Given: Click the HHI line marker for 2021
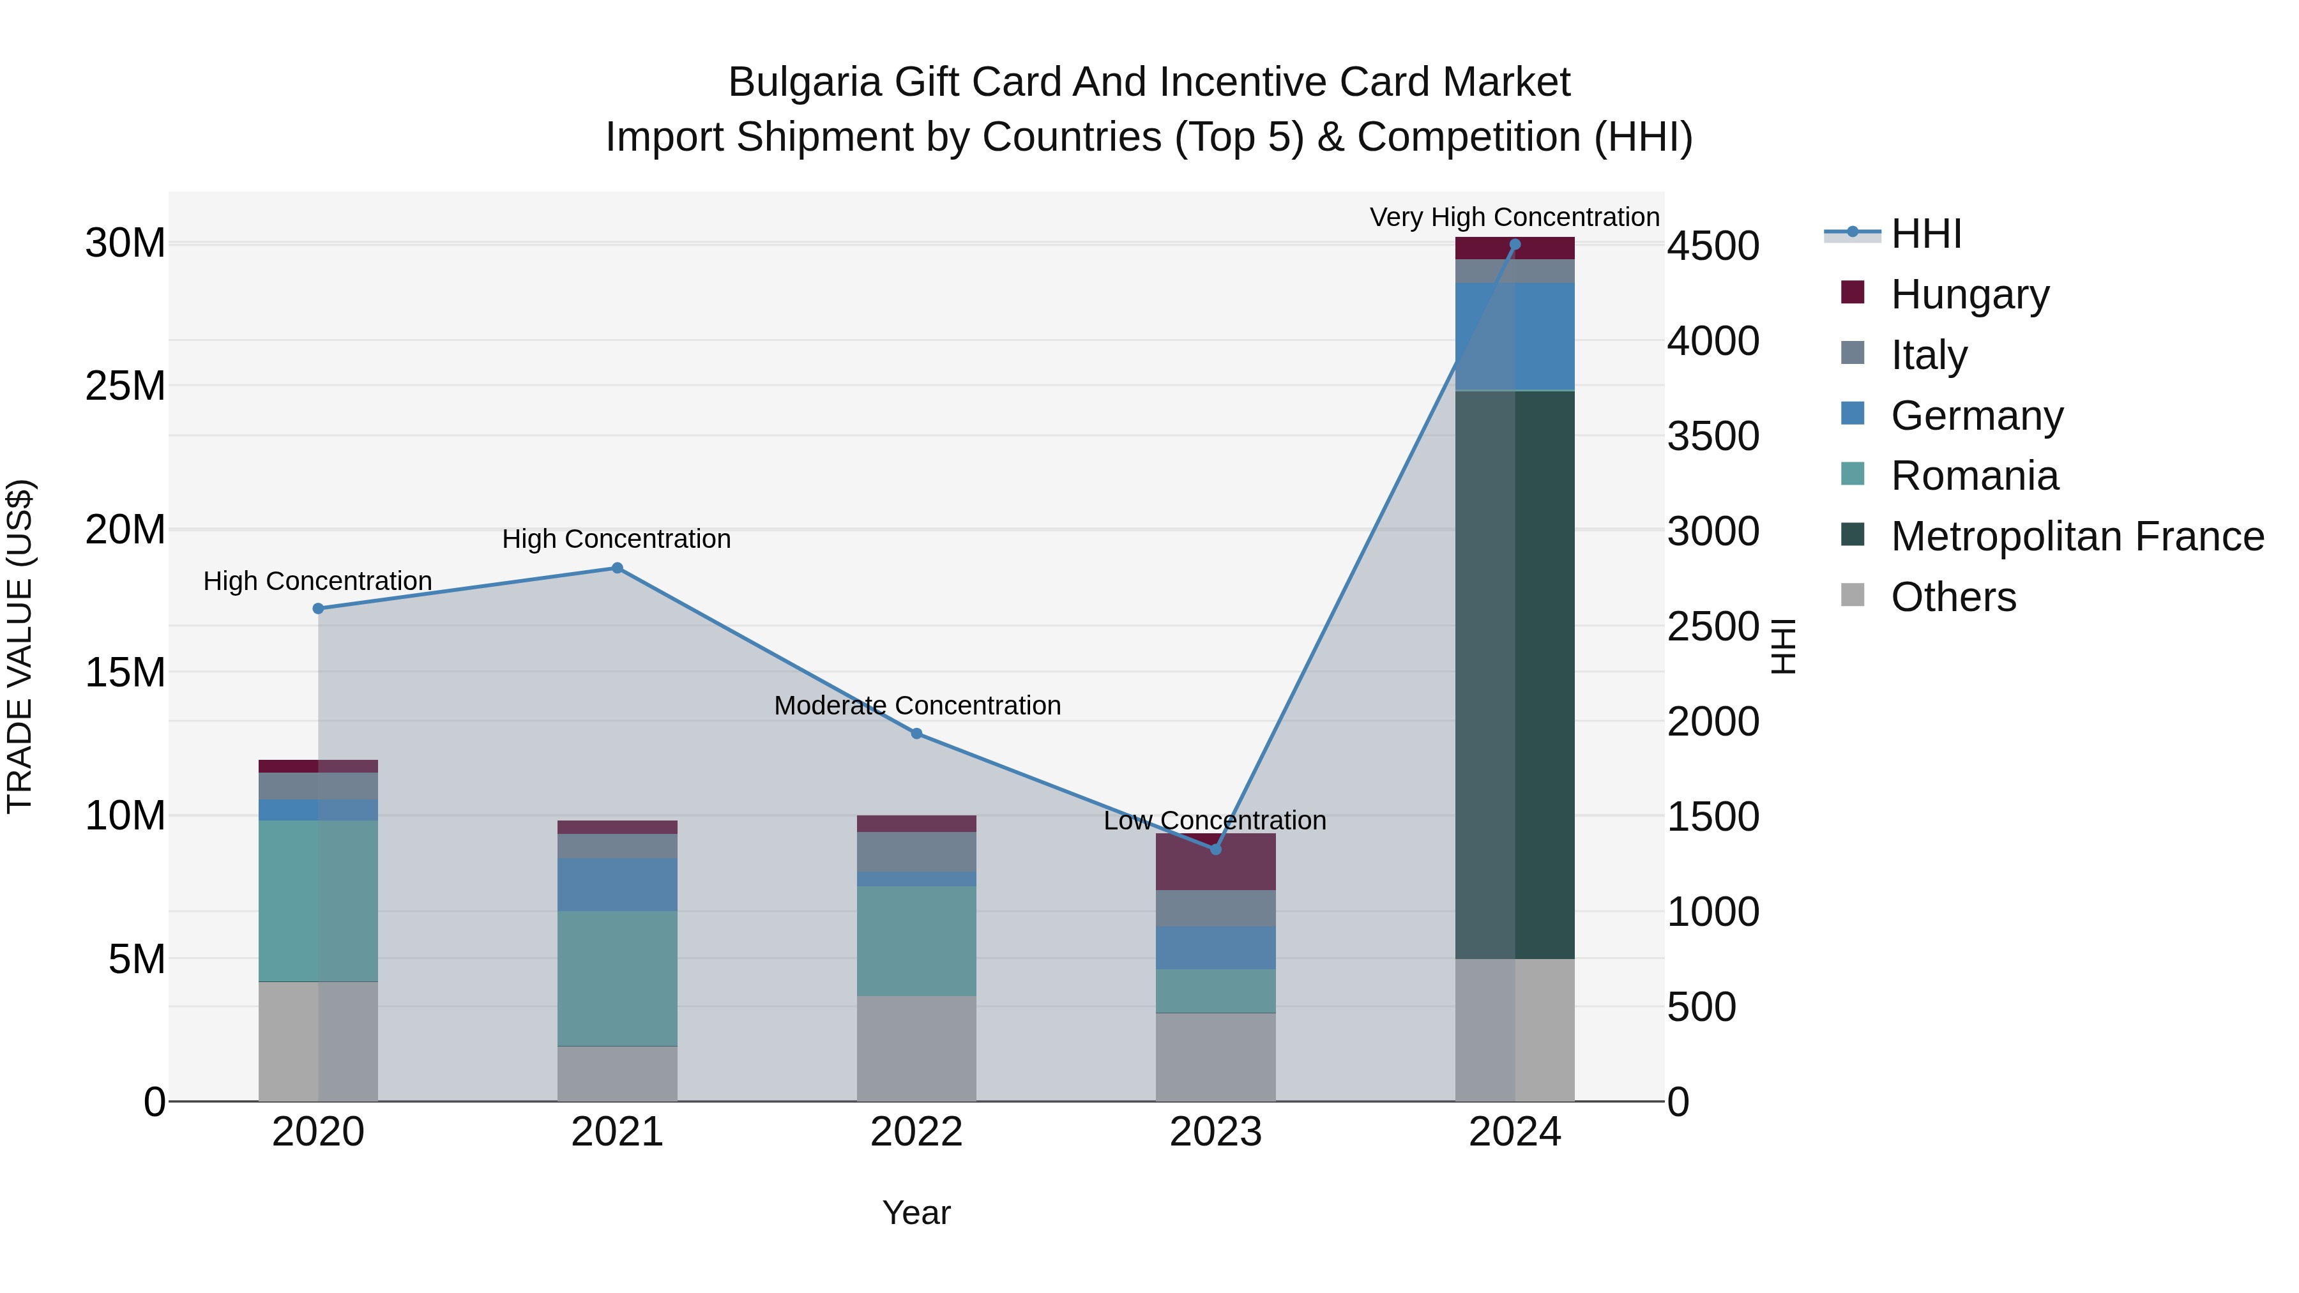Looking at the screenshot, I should pos(617,568).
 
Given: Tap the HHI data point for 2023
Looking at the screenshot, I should pos(1215,849).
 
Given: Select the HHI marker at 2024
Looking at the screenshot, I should pos(1515,245).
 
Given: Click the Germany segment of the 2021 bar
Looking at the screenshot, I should pos(617,884).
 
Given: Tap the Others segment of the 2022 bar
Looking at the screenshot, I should pos(916,1048).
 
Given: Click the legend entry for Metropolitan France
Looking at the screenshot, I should pos(2077,536).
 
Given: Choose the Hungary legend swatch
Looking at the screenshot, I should pos(1853,292).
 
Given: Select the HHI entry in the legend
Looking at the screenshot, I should pos(1926,234).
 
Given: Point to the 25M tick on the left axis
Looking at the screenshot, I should pos(125,386).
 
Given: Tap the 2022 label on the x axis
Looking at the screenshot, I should pos(916,1132).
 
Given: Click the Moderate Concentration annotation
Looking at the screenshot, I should pos(916,705).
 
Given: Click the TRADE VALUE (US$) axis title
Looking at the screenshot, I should pos(20,646).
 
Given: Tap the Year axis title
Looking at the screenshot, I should pos(916,1213).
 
